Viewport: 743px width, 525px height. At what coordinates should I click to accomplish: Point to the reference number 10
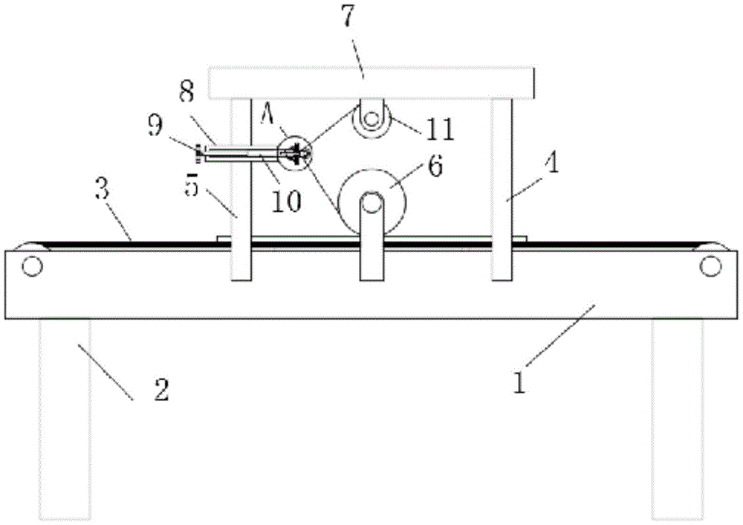coord(286,200)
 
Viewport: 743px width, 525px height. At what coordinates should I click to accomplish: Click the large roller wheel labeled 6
coord(372,201)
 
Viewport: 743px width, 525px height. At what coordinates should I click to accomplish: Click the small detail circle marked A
coord(294,152)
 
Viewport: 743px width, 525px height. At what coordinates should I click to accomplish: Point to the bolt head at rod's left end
coord(199,154)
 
